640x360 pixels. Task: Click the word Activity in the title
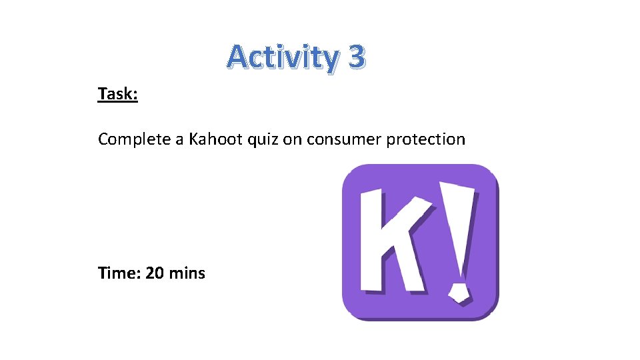tap(283, 57)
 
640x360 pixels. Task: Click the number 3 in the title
tap(356, 57)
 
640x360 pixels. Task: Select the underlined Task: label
tap(118, 94)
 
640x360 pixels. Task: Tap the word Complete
tap(133, 139)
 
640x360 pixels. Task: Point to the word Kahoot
tap(213, 139)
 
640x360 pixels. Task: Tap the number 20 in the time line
tap(155, 273)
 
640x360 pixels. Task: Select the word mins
tap(187, 273)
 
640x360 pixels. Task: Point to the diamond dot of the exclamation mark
tap(459, 291)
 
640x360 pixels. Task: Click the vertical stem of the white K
tap(373, 240)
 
